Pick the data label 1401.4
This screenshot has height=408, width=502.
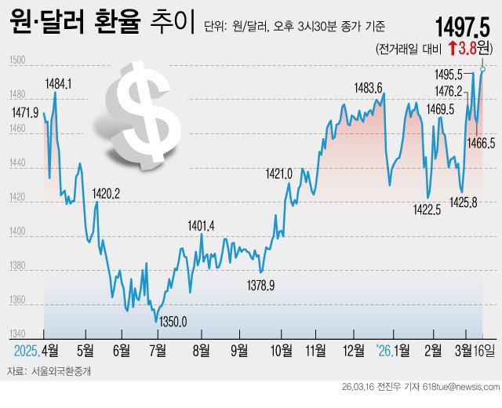[x=202, y=226]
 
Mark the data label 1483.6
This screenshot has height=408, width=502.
[x=368, y=88]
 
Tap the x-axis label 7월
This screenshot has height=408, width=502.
[x=158, y=349]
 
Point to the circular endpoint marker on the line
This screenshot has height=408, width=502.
[x=482, y=69]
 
